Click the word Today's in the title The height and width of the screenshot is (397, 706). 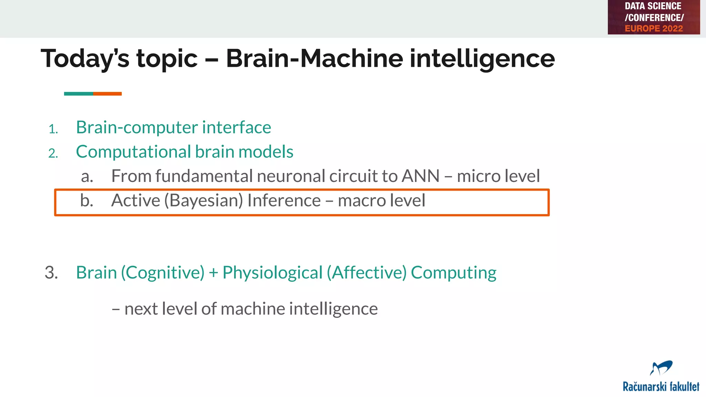coord(85,59)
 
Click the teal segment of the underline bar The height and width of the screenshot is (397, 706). coord(79,94)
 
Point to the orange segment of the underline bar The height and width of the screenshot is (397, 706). coord(107,94)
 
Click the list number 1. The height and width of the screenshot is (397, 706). coord(53,129)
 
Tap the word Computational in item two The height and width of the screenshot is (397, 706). coord(133,152)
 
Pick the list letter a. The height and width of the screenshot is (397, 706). coord(87,176)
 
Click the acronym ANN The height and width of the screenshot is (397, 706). coord(421,176)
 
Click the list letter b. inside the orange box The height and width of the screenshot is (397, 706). coord(87,201)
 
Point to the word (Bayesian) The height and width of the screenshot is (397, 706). coord(204,201)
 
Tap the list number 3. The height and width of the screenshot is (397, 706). coord(51,273)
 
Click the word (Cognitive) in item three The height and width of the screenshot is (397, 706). coord(162,273)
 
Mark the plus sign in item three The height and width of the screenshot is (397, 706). coord(213,273)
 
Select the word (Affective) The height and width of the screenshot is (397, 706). coord(367,273)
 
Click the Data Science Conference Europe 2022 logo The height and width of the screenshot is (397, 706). coord(654,17)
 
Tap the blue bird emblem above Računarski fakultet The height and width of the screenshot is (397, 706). coord(661,368)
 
